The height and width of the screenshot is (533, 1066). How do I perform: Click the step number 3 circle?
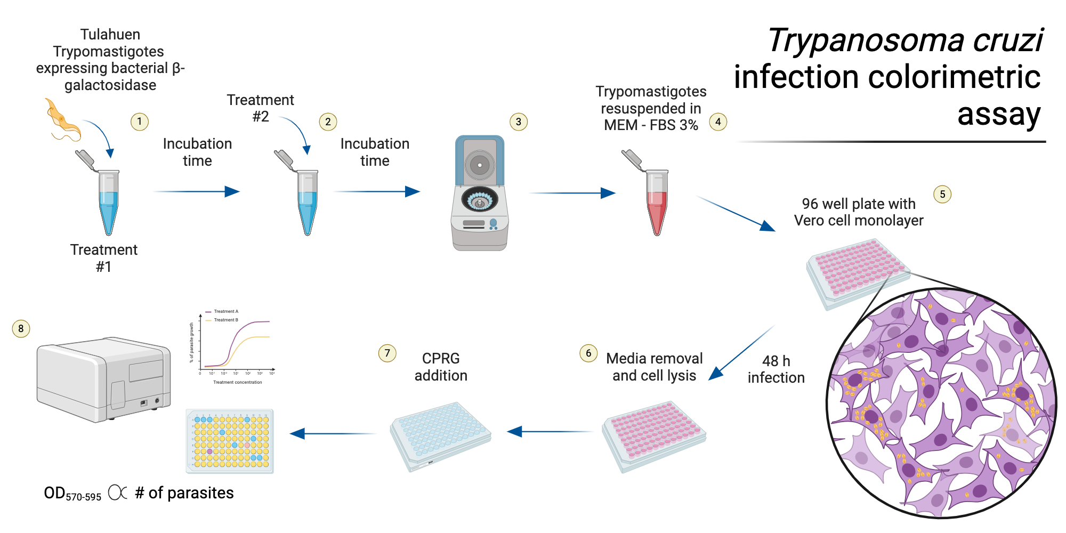point(518,122)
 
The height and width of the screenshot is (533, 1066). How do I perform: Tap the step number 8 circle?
point(21,328)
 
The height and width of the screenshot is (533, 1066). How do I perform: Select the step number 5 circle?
point(942,194)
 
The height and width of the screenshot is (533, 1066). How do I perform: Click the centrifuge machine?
point(479,195)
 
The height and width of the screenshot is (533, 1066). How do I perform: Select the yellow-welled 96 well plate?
point(230,441)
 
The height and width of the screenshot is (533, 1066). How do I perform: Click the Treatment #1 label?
point(104,258)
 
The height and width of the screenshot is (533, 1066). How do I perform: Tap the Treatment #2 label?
point(260,108)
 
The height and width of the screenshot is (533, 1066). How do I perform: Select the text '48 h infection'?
point(776,369)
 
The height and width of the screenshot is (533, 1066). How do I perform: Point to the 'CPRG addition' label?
point(441,367)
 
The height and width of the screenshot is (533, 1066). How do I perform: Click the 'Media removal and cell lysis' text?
point(654,367)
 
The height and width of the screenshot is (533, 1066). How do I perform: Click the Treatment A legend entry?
point(225,311)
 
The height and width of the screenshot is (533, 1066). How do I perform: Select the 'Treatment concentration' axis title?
point(237,382)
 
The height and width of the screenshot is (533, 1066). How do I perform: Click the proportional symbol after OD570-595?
point(118,492)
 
